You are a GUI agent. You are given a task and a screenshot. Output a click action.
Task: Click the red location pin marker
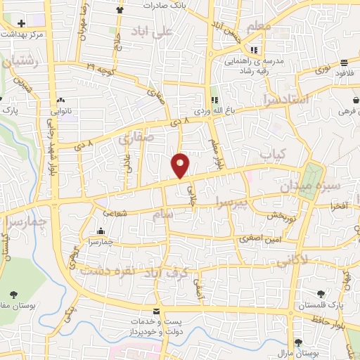pyautogui.click(x=181, y=165)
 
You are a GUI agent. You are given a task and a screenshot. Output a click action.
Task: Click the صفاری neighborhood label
pyautogui.click(x=135, y=139)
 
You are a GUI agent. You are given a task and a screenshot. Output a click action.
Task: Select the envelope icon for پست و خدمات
pyautogui.click(x=155, y=311)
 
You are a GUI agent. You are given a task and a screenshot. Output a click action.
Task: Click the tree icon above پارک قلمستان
pyautogui.click(x=321, y=294)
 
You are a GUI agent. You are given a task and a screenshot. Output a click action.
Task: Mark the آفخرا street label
pyautogui.click(x=329, y=206)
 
